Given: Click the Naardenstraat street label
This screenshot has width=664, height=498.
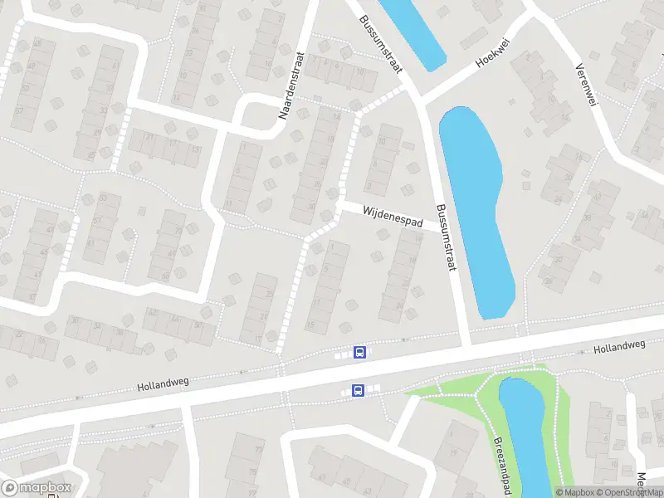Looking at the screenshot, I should [293, 85].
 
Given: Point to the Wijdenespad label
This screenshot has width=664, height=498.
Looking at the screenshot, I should [393, 217].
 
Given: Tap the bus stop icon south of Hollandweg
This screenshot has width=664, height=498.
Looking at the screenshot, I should [358, 390].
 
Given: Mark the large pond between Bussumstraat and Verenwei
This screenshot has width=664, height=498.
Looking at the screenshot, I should [476, 207].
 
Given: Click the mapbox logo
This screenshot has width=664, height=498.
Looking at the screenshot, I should [37, 488].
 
